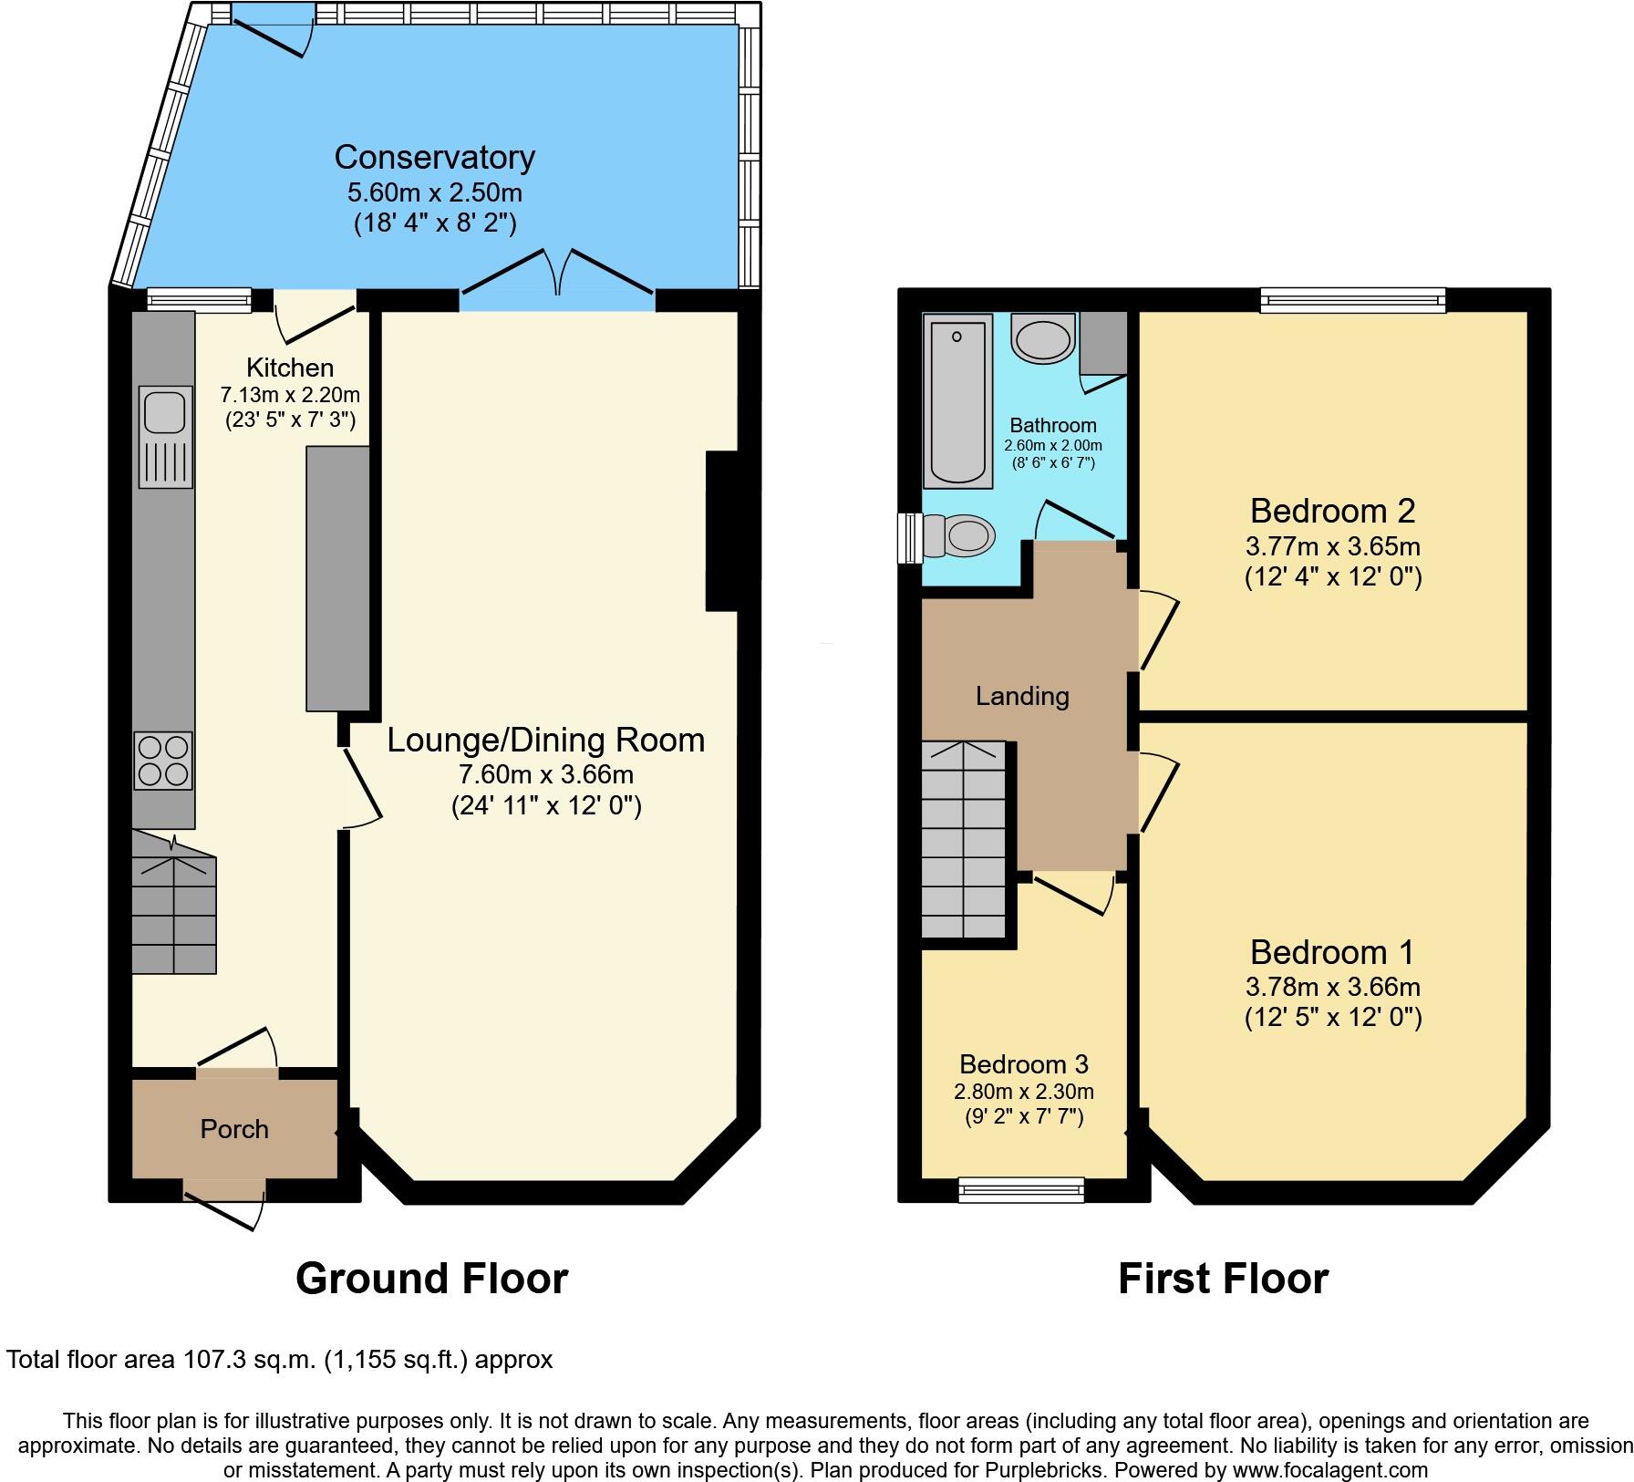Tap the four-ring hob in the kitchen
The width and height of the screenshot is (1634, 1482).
(x=164, y=761)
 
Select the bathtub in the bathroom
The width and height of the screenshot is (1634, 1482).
(x=957, y=401)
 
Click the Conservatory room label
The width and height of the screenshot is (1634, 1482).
(x=434, y=157)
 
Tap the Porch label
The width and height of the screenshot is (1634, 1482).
(x=234, y=1129)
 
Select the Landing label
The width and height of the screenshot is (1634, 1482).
(x=1022, y=696)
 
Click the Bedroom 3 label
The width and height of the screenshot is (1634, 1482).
(x=1024, y=1064)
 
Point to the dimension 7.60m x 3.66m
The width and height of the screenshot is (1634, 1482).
(x=546, y=774)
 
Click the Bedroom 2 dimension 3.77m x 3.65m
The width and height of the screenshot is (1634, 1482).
(x=1332, y=546)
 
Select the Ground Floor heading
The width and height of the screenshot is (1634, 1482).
(x=431, y=1279)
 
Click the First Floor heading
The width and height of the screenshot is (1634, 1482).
(x=1223, y=1279)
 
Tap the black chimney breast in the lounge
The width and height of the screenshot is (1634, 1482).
(x=722, y=530)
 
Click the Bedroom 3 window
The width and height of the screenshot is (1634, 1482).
(x=1021, y=1189)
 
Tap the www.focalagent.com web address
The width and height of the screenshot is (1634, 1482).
(x=1330, y=1470)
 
